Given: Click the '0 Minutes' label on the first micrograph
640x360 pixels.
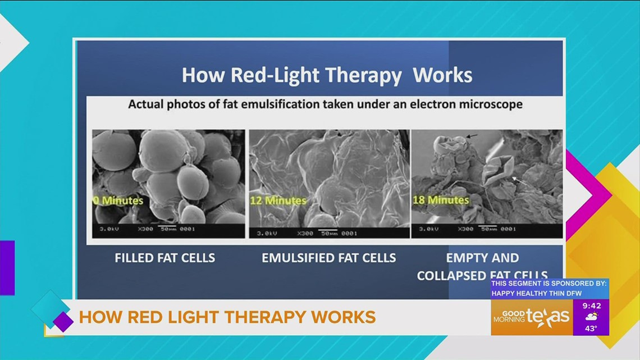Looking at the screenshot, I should (x=118, y=200).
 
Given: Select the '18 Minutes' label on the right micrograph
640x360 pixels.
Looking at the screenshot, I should (x=440, y=200).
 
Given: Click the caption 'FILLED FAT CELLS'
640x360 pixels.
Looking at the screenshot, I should (x=164, y=258).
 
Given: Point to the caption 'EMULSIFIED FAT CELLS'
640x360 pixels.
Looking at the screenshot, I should (x=329, y=258).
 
